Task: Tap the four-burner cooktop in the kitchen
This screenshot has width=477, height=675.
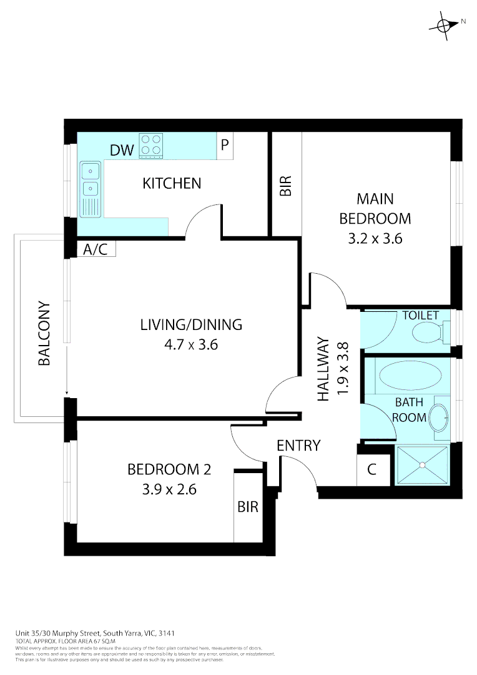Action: click(x=150, y=145)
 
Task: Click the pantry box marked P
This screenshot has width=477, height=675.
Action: click(x=225, y=145)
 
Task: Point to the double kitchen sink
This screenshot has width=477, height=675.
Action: click(x=91, y=179)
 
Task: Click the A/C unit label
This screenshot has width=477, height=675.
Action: click(x=96, y=249)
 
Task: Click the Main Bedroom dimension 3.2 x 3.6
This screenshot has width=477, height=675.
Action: click(x=375, y=238)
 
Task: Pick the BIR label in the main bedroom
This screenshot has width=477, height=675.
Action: click(x=285, y=186)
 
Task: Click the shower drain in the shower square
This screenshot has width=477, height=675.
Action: click(x=423, y=464)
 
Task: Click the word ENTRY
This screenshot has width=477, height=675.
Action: click(x=298, y=445)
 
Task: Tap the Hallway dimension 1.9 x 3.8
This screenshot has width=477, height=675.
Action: click(x=342, y=369)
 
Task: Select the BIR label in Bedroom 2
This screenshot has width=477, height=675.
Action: click(x=248, y=507)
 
